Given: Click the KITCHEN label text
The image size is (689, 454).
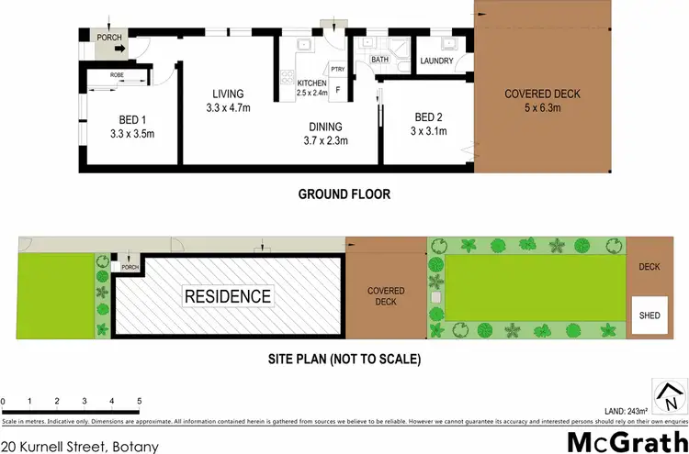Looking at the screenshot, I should pos(311,84).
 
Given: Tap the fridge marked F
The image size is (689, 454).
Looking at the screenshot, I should pos(338,90).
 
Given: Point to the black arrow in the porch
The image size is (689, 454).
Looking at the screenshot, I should pos(121,51).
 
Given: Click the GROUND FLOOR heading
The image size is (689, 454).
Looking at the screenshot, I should pos(344,194).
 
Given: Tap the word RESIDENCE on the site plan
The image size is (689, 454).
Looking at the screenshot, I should pos(229,296).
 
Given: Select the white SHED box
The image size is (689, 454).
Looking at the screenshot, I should pos(649,315).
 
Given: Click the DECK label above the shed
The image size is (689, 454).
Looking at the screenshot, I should pos(649,267).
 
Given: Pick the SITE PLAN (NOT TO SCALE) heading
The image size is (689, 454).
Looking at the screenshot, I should pos(344,360).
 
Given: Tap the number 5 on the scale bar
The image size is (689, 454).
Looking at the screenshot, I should pos(139,401).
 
